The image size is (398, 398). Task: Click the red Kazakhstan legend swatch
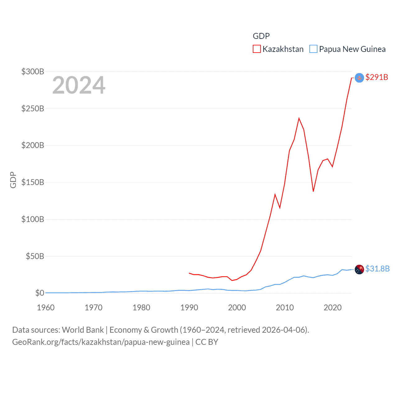click(x=257, y=49)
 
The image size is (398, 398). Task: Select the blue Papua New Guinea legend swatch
click(x=313, y=49)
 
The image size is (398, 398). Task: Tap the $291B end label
click(x=377, y=77)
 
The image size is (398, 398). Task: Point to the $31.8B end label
click(x=377, y=269)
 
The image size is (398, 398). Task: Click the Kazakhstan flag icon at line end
click(x=359, y=78)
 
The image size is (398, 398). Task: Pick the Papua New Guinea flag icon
click(x=359, y=269)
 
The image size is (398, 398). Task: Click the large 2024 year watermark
click(x=79, y=85)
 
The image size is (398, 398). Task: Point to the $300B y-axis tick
click(x=33, y=72)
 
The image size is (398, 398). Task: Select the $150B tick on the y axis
click(x=33, y=182)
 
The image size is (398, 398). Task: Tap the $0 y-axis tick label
click(x=39, y=293)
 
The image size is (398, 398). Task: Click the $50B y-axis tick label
click(x=35, y=256)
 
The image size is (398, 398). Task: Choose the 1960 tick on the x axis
click(x=46, y=308)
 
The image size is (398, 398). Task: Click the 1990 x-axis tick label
click(x=189, y=308)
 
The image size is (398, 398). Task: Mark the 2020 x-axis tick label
click(x=332, y=308)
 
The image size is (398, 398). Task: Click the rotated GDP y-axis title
click(x=13, y=180)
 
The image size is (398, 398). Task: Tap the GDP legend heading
click(x=261, y=36)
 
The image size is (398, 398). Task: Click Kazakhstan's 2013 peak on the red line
click(x=299, y=118)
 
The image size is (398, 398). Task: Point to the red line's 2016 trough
click(x=313, y=191)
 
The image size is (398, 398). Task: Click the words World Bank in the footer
click(x=83, y=330)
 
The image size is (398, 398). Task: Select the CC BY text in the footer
click(x=207, y=342)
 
